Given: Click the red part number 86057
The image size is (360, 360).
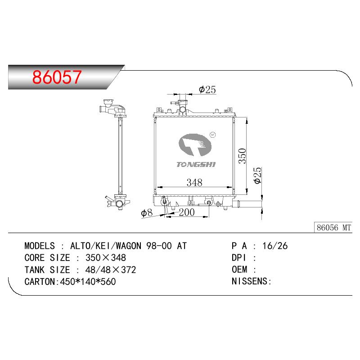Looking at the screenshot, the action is point(57,77).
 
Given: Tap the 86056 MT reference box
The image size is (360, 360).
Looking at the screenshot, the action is point(333,228).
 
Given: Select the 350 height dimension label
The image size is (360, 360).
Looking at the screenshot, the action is point(242,156).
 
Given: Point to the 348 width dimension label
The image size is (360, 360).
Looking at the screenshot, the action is point(194,183).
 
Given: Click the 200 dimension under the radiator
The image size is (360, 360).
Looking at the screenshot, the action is point(187,212).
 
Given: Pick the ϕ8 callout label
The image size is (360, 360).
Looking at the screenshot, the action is point(147,213).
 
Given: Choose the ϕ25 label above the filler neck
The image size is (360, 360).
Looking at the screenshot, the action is point(207,90).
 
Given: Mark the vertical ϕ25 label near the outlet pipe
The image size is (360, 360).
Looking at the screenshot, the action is point(257,175).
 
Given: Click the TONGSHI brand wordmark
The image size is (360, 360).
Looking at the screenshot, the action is point(196,164).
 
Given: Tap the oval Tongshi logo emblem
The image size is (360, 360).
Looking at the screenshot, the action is point(195,145).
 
